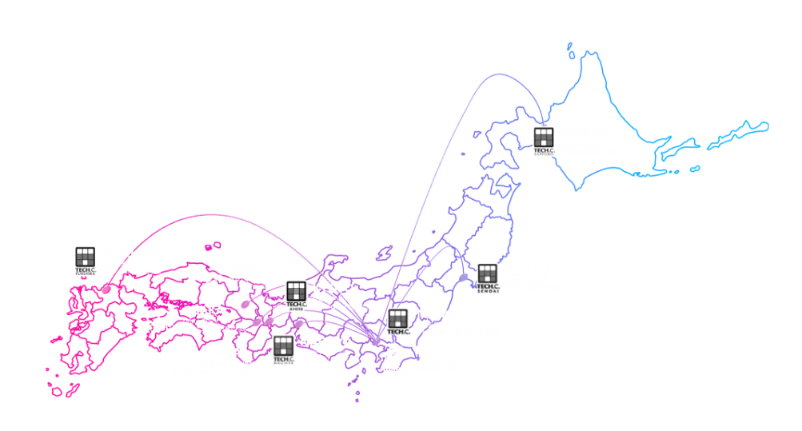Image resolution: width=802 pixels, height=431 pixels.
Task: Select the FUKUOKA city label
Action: [x=130, y=253]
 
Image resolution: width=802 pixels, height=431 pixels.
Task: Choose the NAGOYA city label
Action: [x=326, y=341]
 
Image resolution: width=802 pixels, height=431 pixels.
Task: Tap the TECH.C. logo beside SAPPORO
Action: [x=544, y=139]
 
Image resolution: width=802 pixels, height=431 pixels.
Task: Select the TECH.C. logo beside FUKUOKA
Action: [x=85, y=259]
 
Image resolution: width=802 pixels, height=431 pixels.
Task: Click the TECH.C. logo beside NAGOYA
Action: [x=283, y=349]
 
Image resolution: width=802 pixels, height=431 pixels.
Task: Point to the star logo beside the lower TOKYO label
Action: [x=393, y=354]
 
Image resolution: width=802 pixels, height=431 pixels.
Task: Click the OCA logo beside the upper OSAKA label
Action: [x=162, y=317]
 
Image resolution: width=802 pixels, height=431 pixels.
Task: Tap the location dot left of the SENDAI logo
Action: [x=465, y=277]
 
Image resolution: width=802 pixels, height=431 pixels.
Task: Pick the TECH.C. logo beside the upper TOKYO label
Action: [x=397, y=321]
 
